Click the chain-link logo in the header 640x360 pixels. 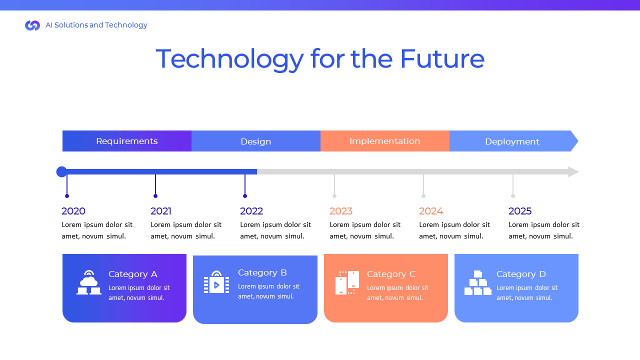32,25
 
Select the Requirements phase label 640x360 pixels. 127,141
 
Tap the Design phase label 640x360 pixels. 256,141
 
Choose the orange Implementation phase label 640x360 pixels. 385,141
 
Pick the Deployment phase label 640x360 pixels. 512,141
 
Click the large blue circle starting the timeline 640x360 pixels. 61,172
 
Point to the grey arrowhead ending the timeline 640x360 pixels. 573,172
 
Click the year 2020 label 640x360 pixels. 73,211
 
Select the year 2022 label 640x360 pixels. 251,211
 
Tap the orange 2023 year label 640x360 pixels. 341,211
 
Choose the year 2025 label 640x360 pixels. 520,211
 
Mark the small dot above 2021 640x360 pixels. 155,196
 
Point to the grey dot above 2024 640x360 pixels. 423,196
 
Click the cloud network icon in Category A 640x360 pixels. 89,282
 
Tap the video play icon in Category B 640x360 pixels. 216,282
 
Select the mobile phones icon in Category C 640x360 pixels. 347,282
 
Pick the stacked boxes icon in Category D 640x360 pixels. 478,283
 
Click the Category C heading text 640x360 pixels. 391,274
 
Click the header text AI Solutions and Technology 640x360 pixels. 96,25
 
